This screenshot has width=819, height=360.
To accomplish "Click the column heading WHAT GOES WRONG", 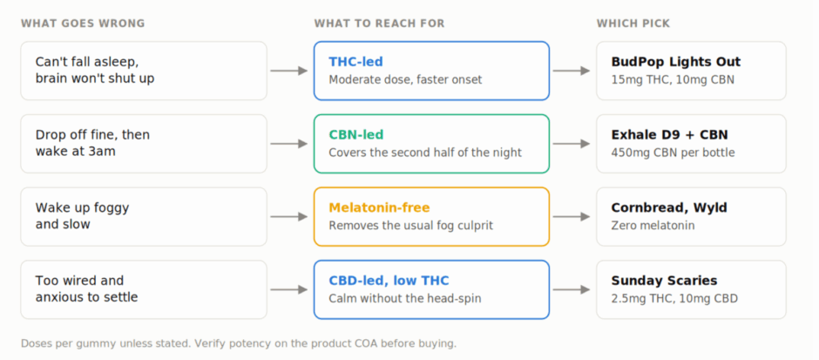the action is [x=83, y=24].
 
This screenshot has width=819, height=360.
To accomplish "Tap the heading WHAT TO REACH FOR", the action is [x=379, y=24].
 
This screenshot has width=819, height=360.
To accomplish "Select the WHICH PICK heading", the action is [x=633, y=24].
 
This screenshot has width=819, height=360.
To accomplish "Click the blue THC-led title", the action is [x=355, y=62].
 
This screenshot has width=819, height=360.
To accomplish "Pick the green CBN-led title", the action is [x=356, y=135].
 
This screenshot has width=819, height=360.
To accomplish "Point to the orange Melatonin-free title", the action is [x=379, y=208].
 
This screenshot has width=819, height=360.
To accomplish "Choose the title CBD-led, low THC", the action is [x=389, y=281].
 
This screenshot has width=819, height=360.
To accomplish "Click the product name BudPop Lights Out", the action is [x=676, y=62].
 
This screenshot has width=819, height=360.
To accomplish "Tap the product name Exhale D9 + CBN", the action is [x=670, y=135].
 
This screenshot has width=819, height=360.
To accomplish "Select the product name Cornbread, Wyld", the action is [x=669, y=208].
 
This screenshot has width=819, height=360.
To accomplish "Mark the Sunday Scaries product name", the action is [x=665, y=281].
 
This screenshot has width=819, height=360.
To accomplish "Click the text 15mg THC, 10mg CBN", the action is [x=673, y=80].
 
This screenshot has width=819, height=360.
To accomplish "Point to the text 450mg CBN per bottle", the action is [x=673, y=153].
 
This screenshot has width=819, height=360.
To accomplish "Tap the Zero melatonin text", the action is [x=653, y=226].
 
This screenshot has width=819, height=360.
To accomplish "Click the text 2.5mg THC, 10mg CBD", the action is [x=675, y=299].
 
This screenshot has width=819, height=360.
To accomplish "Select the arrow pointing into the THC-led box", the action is [x=289, y=71].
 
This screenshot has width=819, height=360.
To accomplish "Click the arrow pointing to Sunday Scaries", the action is [x=572, y=290].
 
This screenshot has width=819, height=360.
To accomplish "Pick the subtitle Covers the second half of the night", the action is [x=425, y=153].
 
